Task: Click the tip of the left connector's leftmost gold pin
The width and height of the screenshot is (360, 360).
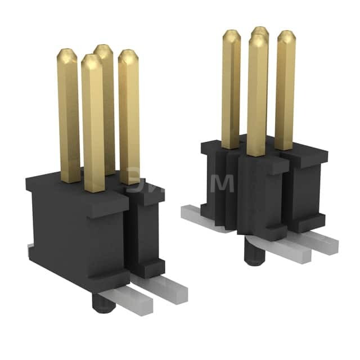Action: (66, 55)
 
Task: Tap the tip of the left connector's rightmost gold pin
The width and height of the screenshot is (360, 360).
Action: (129, 56)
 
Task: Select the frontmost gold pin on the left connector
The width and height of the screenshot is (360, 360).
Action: (93, 124)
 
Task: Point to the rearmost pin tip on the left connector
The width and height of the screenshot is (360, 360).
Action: (103, 49)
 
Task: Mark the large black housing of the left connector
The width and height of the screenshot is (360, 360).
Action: (73, 231)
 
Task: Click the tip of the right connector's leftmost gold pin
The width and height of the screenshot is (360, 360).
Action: (231, 35)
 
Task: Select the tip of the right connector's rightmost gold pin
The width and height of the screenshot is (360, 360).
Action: (286, 37)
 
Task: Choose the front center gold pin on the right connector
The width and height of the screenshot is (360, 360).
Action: (256, 96)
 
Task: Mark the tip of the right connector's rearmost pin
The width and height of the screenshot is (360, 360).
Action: (260, 31)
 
